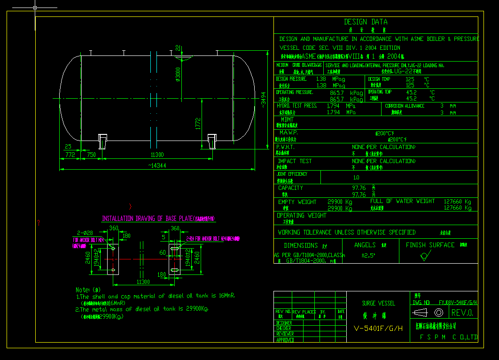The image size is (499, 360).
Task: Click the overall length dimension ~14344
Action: (157, 165)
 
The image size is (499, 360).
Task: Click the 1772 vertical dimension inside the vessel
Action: (199, 123)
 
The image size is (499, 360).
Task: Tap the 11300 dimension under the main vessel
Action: (157, 155)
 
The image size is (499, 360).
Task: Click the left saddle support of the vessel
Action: (103, 141)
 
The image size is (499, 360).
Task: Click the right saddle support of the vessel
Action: (212, 141)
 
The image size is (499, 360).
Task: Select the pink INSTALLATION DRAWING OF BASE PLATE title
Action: (158, 219)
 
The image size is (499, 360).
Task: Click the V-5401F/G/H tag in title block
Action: (378, 328)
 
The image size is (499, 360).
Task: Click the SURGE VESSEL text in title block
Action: (378, 303)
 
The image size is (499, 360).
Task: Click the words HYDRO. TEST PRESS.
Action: (297, 106)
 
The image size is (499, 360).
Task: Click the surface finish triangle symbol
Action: (425, 256)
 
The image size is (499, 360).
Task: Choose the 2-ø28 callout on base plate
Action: (86, 233)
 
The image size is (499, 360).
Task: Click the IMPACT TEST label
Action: (295, 161)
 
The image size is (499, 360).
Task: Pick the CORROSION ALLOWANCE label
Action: (405, 106)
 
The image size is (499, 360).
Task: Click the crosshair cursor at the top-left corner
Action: (36, 8)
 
